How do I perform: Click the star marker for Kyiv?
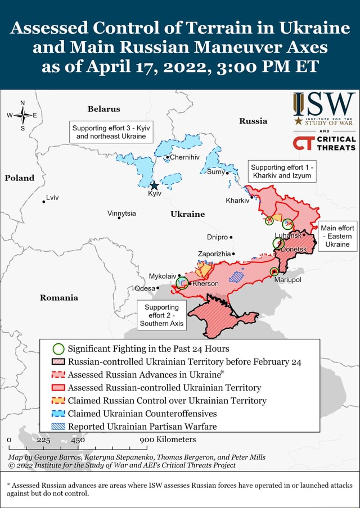[154, 185]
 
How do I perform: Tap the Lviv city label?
[52, 198]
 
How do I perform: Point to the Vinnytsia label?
[121, 213]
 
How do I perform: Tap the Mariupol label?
[289, 279]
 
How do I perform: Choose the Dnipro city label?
[217, 237]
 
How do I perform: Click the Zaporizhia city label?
[214, 254]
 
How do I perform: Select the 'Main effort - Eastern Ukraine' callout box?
[337, 236]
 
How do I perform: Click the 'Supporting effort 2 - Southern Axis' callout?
[161, 315]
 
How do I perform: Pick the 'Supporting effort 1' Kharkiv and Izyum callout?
[282, 171]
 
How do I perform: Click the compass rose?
[22, 115]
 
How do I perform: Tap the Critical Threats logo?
[324, 143]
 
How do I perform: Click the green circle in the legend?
[58, 349]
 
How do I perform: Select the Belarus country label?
[103, 108]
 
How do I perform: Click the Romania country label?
[58, 297]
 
